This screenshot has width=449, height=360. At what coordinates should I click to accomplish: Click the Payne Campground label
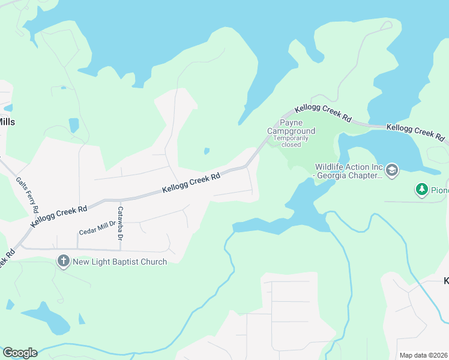(x=291, y=127)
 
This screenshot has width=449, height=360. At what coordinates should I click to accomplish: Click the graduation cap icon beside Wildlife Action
(x=392, y=170)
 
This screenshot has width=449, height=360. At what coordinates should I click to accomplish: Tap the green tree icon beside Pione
(x=422, y=190)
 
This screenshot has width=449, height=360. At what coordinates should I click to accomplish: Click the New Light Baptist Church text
(x=119, y=261)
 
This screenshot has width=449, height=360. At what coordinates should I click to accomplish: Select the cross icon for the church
(x=63, y=261)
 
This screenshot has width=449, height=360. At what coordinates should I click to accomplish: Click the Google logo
(x=20, y=352)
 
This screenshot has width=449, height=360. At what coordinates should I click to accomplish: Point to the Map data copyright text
(x=424, y=355)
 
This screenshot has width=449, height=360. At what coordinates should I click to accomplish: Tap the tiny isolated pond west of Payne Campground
(x=206, y=151)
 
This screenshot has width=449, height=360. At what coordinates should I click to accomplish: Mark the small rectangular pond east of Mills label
(x=73, y=125)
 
